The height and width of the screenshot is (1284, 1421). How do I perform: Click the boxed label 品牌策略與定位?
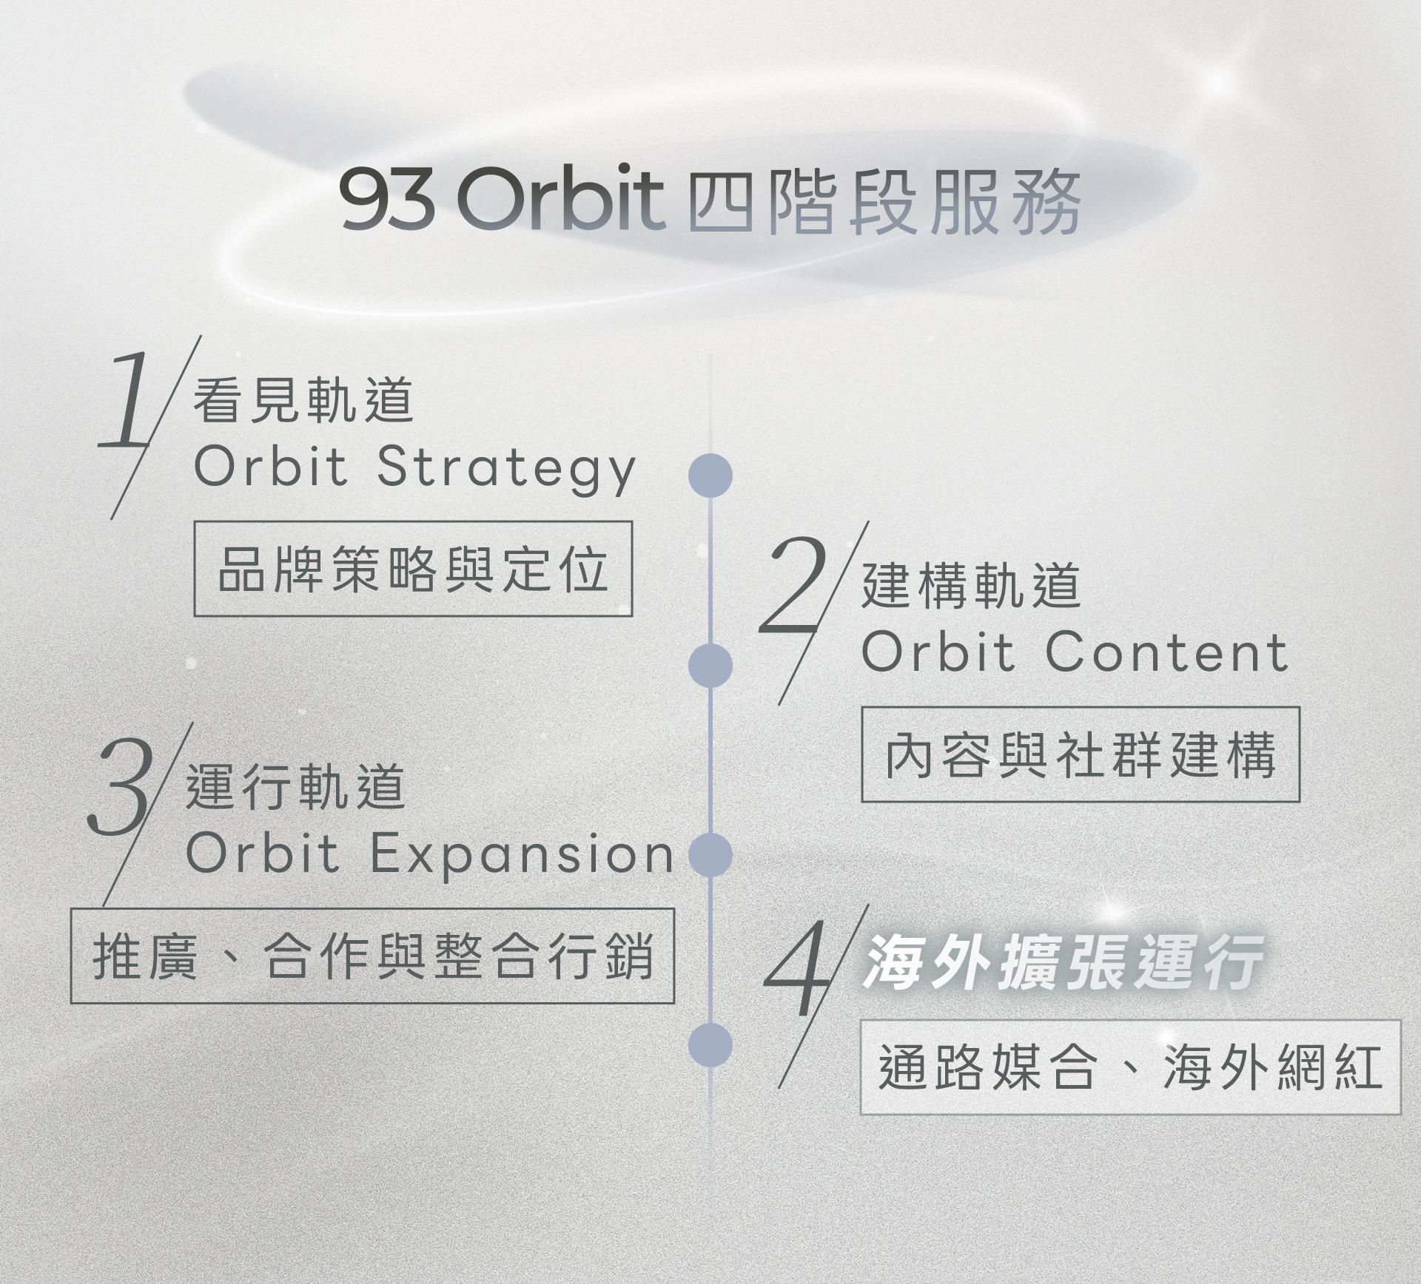(x=413, y=569)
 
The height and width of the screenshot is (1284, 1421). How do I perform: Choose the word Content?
(x=1167, y=652)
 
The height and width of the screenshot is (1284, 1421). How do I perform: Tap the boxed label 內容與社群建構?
(x=1081, y=754)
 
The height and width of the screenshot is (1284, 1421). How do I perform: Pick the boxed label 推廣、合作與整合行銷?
(x=372, y=956)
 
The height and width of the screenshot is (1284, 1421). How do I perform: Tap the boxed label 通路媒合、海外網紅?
(x=1130, y=1067)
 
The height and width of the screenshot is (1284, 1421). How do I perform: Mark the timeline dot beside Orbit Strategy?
(x=710, y=476)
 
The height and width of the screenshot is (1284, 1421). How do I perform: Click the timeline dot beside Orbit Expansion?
(x=710, y=854)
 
